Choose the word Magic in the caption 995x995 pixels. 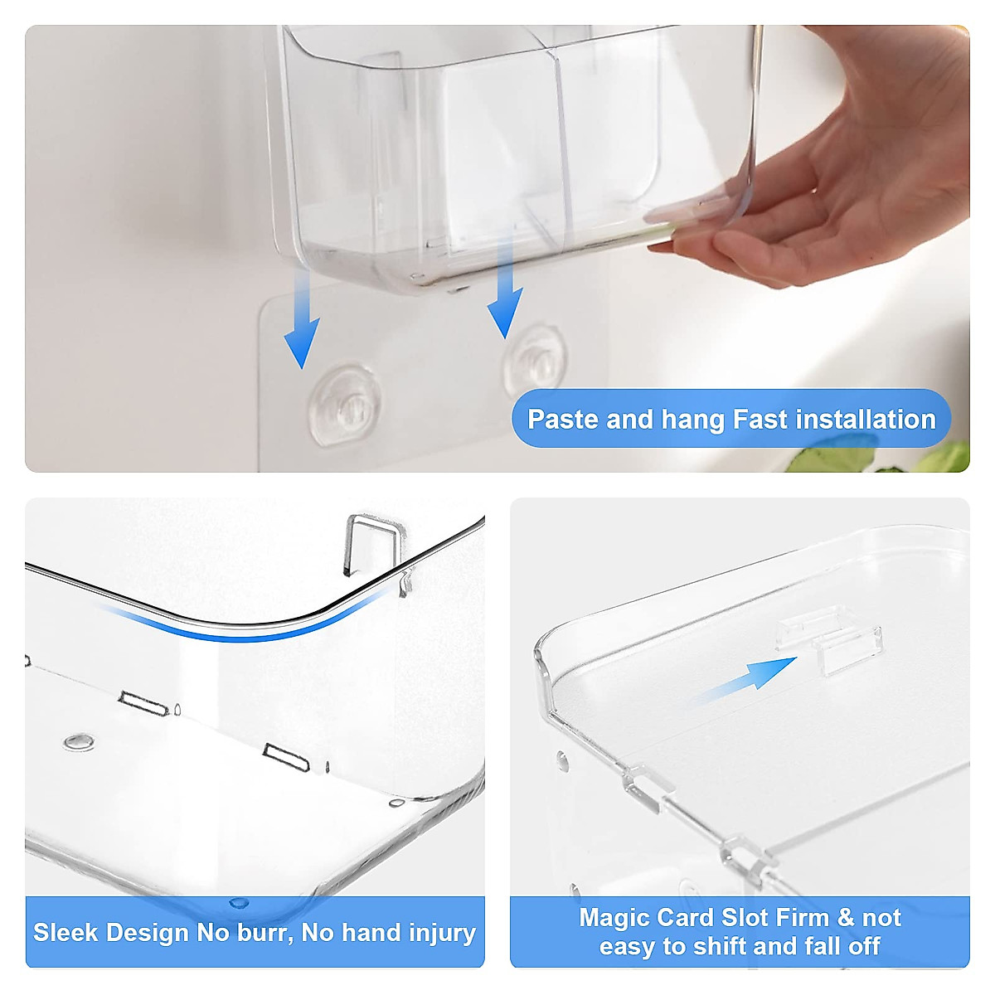[x=614, y=918]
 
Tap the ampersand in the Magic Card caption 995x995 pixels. [x=845, y=918]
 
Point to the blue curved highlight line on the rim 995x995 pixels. [x=249, y=630]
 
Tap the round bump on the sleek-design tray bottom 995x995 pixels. [x=78, y=741]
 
